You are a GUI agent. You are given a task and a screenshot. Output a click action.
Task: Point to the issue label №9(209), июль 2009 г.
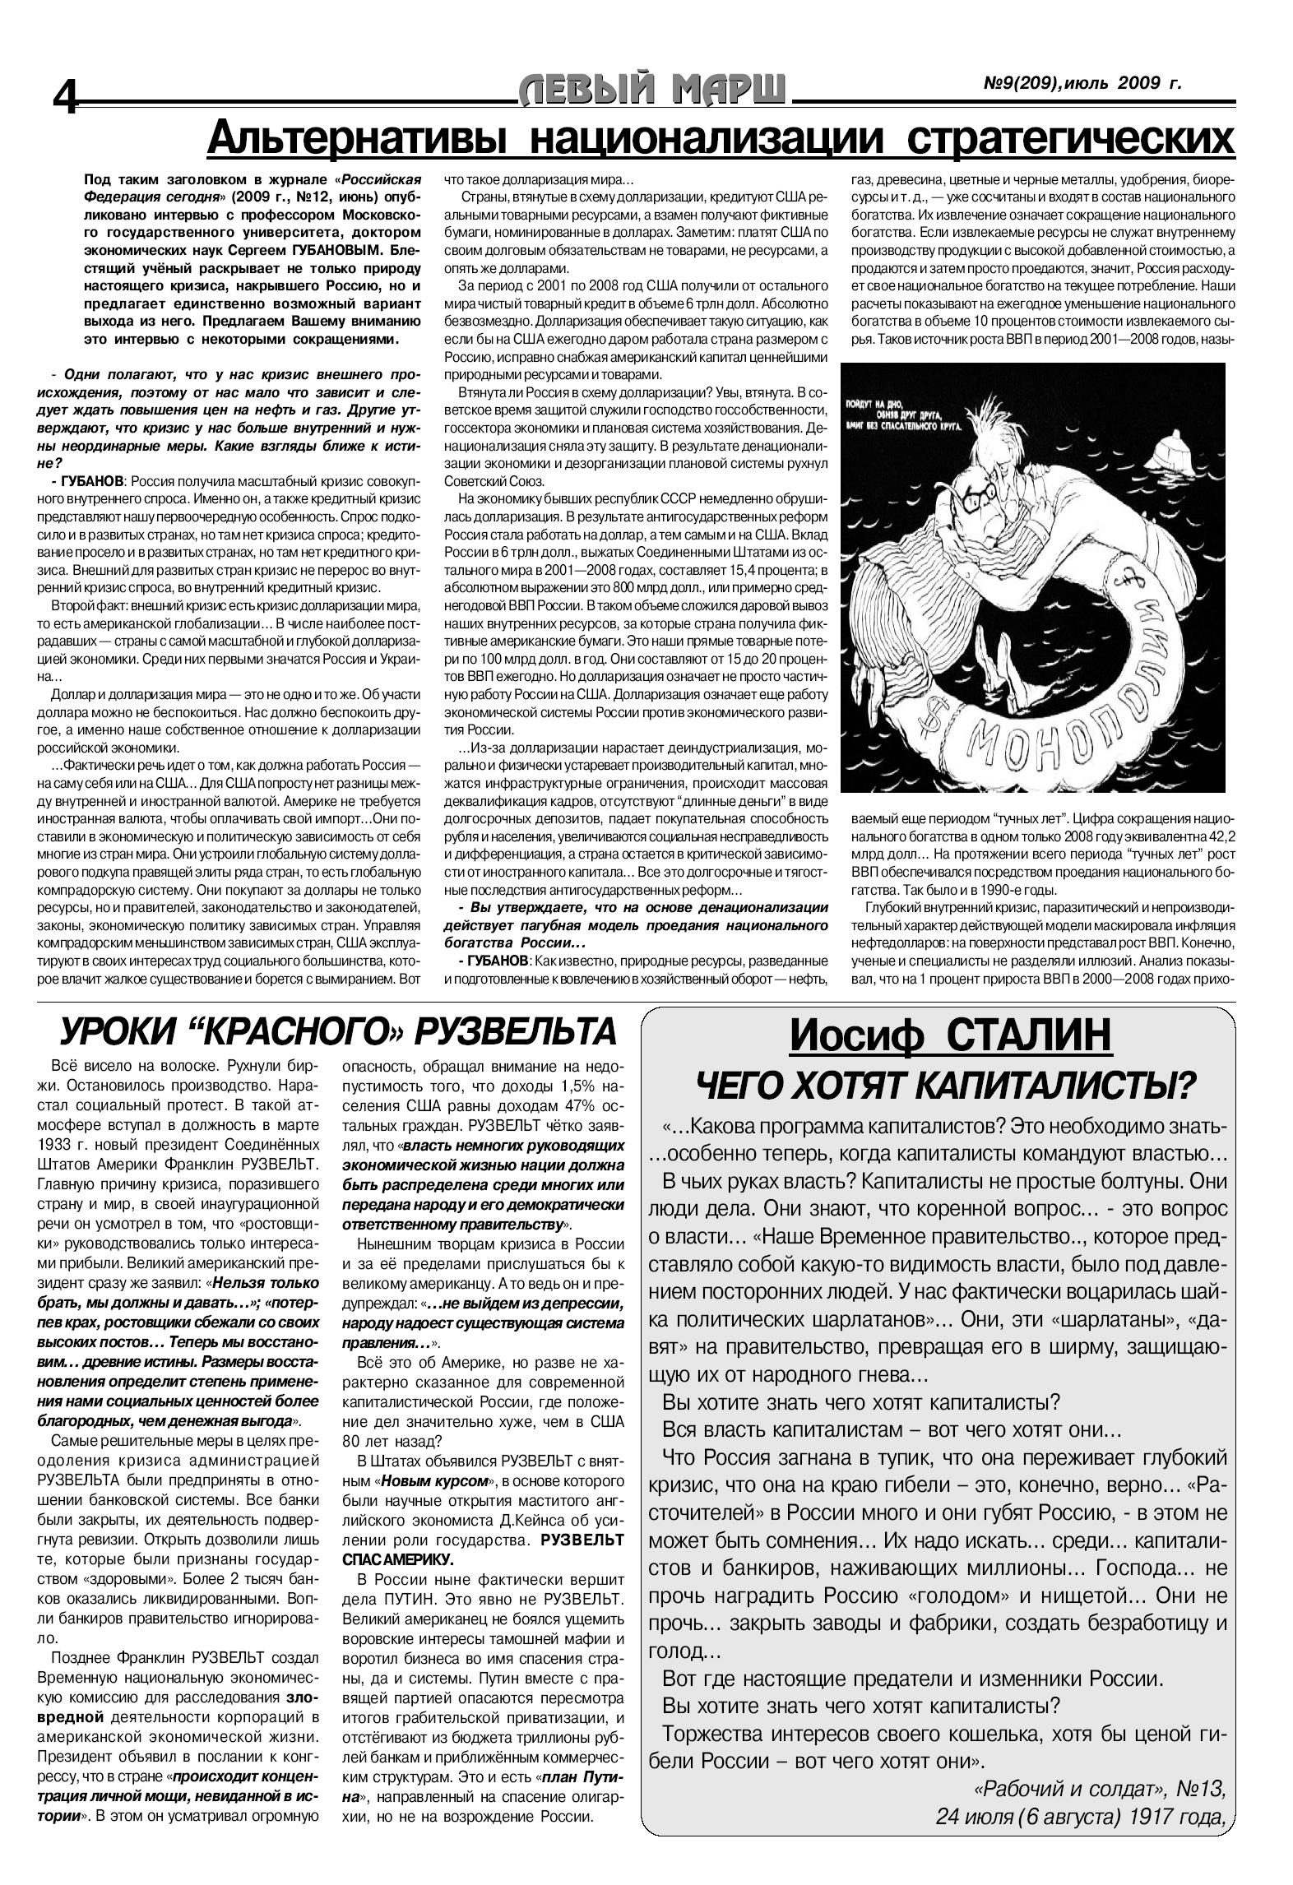point(1082,83)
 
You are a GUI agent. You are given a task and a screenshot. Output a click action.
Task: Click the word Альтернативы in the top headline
point(363,138)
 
